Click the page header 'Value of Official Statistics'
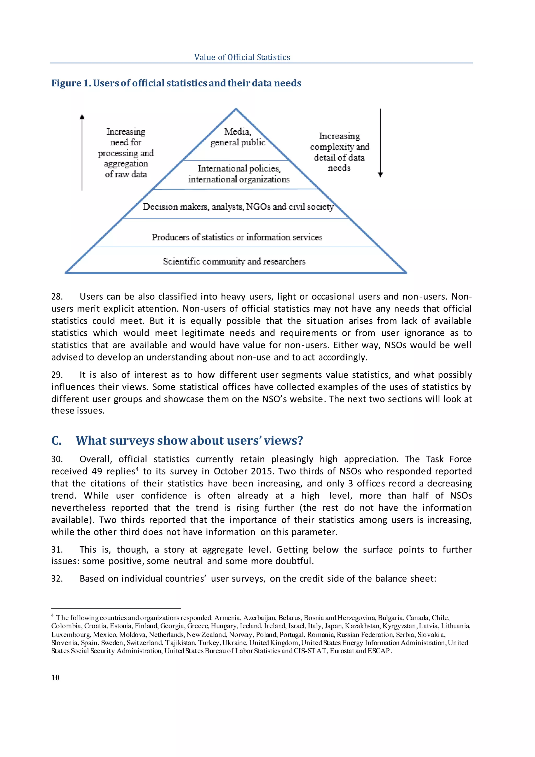[x=242, y=57]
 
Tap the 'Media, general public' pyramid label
[x=237, y=137]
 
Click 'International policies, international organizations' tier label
[x=239, y=174]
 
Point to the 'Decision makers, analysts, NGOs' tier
[x=238, y=207]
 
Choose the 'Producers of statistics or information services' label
[x=237, y=237]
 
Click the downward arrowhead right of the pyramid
[x=381, y=175]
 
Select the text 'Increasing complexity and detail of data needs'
[x=339, y=152]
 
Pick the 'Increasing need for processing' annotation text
[x=126, y=153]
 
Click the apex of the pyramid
[x=236, y=109]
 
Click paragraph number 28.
[x=57, y=297]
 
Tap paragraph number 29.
[x=57, y=375]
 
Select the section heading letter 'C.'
[x=56, y=441]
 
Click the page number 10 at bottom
[x=55, y=677]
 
